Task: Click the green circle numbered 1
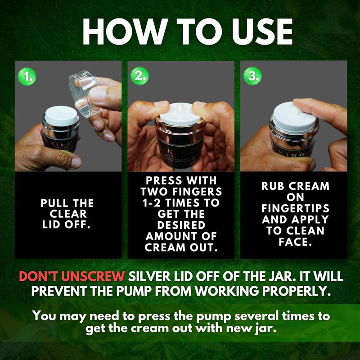click(27, 76)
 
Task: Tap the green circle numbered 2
click(139, 76)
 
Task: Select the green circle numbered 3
click(252, 76)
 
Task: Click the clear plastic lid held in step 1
click(85, 94)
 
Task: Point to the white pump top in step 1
click(61, 116)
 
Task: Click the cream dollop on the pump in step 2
click(181, 108)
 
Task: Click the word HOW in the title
click(124, 31)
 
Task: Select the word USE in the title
click(262, 31)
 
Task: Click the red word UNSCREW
click(93, 276)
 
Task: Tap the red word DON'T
click(39, 276)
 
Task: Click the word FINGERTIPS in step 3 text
click(296, 208)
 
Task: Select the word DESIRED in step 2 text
click(181, 225)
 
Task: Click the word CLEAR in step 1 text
click(68, 214)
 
